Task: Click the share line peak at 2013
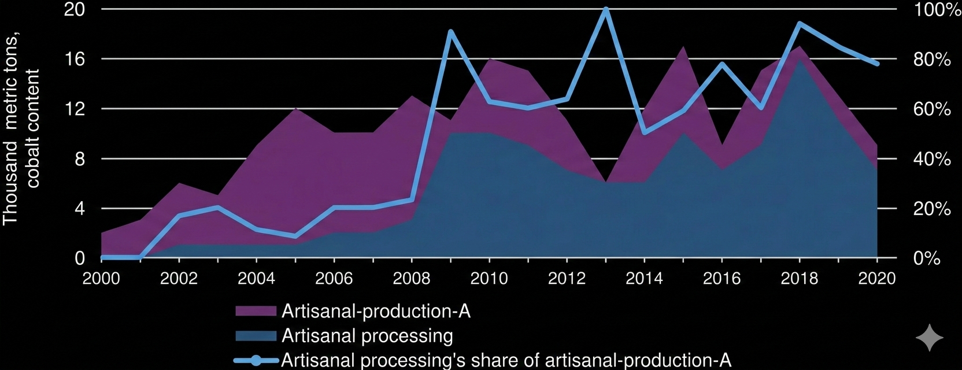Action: (606, 10)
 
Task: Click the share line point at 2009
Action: (450, 32)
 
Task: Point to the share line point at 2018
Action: (800, 24)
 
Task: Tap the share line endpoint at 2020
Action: (877, 64)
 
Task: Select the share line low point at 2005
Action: (295, 236)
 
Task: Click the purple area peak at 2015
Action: (683, 47)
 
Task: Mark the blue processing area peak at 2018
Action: (800, 60)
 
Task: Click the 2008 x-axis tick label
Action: (411, 279)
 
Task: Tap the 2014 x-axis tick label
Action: (644, 279)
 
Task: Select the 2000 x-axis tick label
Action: (101, 279)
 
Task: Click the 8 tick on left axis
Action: (79, 159)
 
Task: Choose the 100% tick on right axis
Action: (937, 10)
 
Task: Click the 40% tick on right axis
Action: (932, 159)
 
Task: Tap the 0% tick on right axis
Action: (927, 258)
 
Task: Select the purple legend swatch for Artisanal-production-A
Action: (256, 312)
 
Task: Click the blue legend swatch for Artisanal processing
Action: (256, 336)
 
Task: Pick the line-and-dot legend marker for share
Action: (256, 361)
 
